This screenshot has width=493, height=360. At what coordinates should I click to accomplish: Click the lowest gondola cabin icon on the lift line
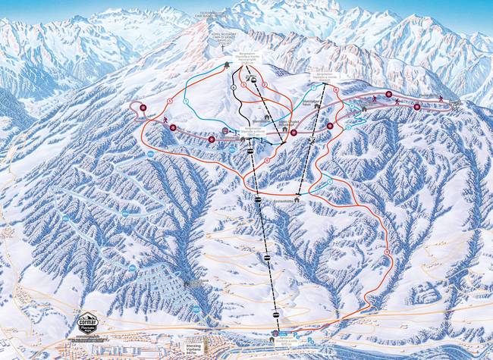pyautogui.click(x=274, y=312)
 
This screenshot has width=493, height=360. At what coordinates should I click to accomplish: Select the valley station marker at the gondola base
pyautogui.click(x=275, y=333)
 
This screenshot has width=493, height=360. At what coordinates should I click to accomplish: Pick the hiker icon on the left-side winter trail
pyautogui.click(x=165, y=120)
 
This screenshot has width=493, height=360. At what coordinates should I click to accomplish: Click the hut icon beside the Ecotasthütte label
pyautogui.click(x=298, y=198)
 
